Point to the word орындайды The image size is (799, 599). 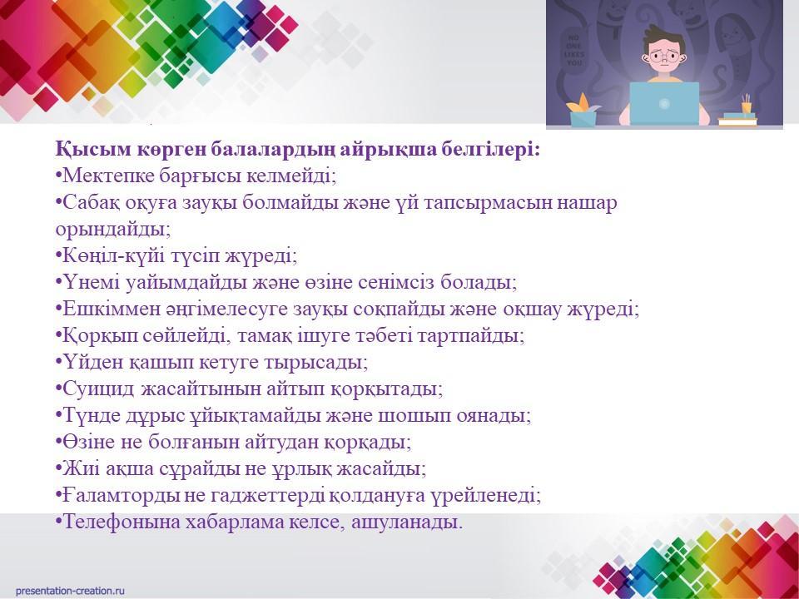(x=113, y=230)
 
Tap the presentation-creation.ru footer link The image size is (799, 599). (x=70, y=591)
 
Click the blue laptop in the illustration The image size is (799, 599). (x=664, y=104)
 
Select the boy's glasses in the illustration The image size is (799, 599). (x=663, y=56)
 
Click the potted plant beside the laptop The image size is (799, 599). (x=583, y=110)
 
